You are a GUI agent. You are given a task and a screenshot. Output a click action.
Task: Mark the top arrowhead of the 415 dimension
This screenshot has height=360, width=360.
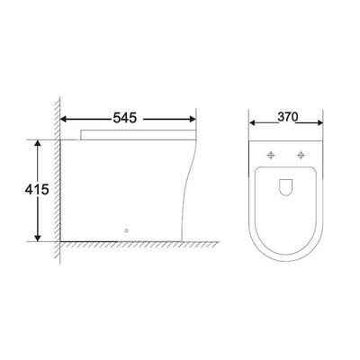pos(38,142)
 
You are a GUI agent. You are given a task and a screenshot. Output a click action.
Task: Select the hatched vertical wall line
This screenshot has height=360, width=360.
pos(59,180)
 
